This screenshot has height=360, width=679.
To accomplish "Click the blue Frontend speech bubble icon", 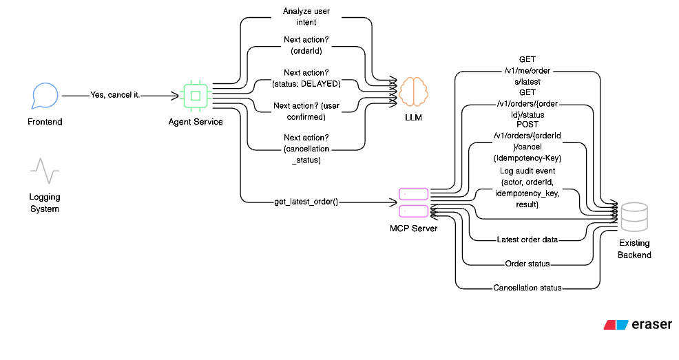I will (x=45, y=96).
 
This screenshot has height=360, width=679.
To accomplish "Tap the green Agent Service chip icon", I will (x=195, y=96).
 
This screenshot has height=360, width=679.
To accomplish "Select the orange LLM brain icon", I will (x=413, y=91).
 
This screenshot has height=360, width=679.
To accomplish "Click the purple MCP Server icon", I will (x=413, y=202).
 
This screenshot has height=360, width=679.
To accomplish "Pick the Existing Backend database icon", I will (x=634, y=218).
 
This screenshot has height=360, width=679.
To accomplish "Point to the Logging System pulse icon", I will (x=45, y=171).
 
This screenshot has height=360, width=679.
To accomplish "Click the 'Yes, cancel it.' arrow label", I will (x=115, y=95).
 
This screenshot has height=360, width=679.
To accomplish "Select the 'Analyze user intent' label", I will (x=306, y=17).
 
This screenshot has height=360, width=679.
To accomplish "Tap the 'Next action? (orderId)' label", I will (x=306, y=45).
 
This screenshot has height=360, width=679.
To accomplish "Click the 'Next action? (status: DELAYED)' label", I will (x=306, y=78).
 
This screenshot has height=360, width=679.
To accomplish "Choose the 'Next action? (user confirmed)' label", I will (x=306, y=112).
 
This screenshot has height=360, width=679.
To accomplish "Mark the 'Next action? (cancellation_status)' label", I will (x=306, y=148).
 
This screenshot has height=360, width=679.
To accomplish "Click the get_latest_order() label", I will (x=306, y=202).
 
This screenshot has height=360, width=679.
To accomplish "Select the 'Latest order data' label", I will (x=527, y=240).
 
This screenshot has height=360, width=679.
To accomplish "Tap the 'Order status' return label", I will (x=527, y=264).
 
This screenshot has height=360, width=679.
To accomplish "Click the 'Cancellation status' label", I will (x=527, y=288).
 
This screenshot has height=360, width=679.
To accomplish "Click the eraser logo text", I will (x=651, y=325).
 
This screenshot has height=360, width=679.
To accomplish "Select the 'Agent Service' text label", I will (x=195, y=122).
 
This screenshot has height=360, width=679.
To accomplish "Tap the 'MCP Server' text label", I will (x=413, y=228).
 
